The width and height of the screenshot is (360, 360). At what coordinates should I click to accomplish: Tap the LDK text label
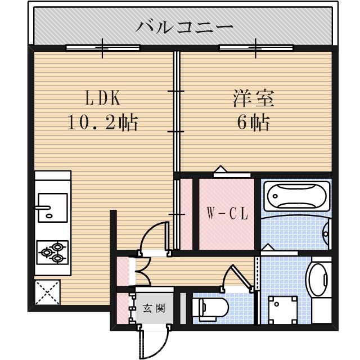point(103,98)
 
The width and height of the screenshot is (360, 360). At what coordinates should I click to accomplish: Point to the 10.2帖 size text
point(103,123)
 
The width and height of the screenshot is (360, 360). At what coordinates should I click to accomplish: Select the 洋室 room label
point(254,98)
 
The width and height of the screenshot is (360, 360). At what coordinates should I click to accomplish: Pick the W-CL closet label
point(227,214)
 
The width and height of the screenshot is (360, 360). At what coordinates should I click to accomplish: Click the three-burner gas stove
point(53,251)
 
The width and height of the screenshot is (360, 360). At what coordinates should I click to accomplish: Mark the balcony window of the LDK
point(102,48)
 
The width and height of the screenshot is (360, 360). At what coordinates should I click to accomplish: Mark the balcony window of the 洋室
point(256,48)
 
